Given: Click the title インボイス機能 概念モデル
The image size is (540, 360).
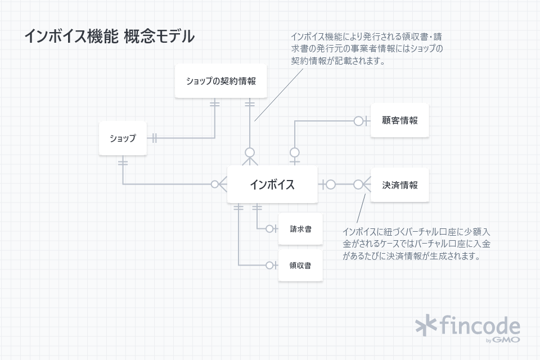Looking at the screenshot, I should coord(109,36).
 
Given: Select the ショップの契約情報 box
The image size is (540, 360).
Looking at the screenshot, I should coord(220,81).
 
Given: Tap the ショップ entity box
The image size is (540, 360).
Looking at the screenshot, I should coord(123,138).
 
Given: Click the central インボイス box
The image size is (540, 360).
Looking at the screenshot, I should coord(272,184).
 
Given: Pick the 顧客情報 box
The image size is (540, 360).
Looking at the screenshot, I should coord(399,120).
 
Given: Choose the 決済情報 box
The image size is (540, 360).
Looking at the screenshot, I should coord(399,184).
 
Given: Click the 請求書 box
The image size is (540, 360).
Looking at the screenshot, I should coord(301,229).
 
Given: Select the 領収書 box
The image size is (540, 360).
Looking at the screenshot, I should coord(301,265).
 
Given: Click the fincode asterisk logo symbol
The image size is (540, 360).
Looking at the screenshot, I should coord(426,325).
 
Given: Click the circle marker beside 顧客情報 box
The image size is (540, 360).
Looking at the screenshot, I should coord(358,120).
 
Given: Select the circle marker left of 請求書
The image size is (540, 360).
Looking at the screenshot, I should coord(270,229).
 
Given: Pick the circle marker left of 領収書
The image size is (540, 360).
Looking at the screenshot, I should coord(270,265).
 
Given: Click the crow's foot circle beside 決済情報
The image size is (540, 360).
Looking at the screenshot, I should coord(358,184).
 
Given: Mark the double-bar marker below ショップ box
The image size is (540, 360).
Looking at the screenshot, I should coord(123,163).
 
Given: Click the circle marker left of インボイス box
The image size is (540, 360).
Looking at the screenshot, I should coord(215,184).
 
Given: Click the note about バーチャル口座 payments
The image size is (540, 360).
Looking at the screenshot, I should coord(416,244).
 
